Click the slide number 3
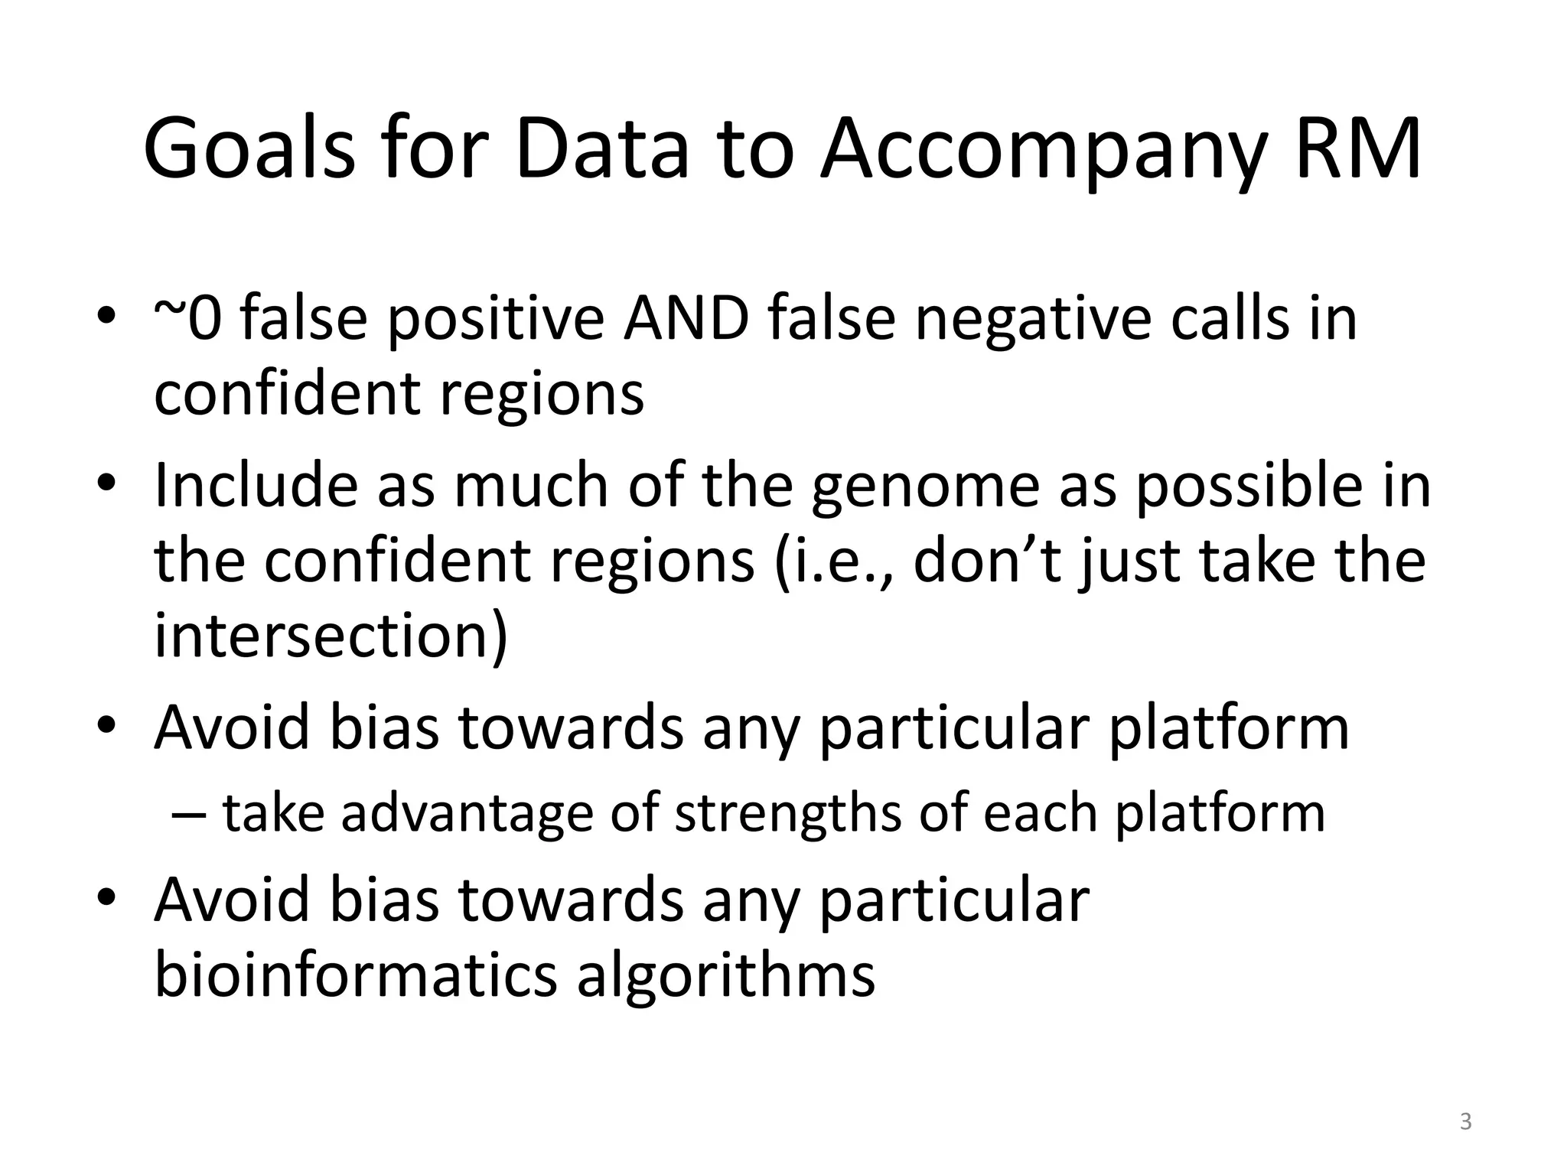[1465, 1122]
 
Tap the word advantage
[467, 812]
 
